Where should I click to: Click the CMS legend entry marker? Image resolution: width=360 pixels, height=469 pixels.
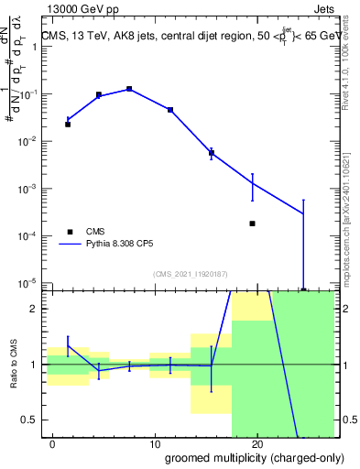(x=68, y=232)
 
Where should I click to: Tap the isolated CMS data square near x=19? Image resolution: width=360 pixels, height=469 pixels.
(x=252, y=224)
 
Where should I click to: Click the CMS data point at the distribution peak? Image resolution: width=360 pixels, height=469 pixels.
(x=129, y=89)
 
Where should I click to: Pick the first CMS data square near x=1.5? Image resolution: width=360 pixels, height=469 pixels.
(x=68, y=124)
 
